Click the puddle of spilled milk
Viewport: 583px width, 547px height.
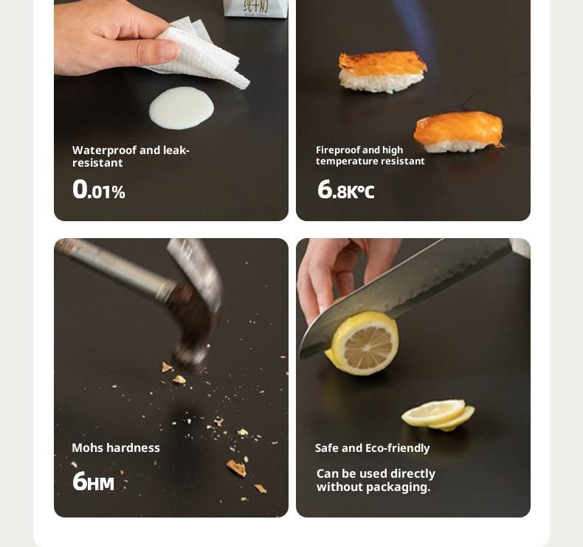pos(182,108)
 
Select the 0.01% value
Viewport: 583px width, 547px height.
pos(99,189)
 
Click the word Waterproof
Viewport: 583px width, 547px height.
pos(105,150)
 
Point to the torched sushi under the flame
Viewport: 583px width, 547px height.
pos(382,72)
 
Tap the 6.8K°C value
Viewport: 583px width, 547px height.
pos(346,189)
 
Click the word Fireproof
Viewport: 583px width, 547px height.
pos(337,150)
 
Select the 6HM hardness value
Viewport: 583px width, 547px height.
pos(93,481)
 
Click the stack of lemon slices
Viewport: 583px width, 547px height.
pos(438,415)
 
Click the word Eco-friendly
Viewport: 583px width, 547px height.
pos(398,448)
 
